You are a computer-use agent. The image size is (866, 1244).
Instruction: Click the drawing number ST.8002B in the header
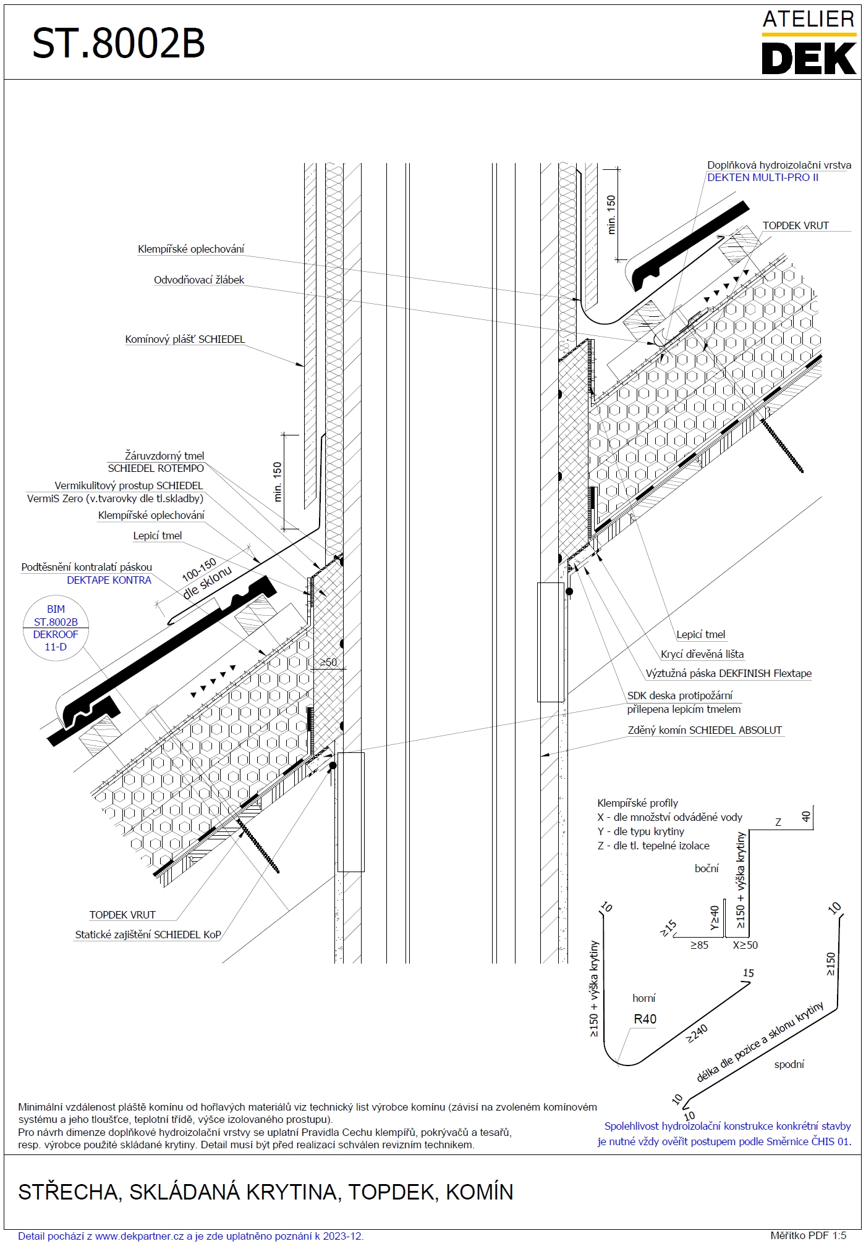[118, 43]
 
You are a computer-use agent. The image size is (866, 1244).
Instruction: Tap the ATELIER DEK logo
[809, 43]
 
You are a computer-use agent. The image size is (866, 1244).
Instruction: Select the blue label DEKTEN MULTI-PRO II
[762, 178]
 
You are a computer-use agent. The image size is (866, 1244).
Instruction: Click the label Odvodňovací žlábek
[198, 280]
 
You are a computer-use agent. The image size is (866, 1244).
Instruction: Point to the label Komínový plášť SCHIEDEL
[185, 340]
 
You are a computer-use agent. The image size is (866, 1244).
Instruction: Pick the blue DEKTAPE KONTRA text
[109, 581]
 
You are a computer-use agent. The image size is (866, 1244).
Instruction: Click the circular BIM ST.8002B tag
[56, 628]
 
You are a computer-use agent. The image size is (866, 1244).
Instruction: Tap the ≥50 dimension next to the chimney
[328, 663]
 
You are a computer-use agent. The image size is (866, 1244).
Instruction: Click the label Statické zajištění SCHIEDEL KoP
[148, 935]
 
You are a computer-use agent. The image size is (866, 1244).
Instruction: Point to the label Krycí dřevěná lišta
[702, 655]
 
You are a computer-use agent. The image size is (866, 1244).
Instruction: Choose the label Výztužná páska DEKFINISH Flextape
[728, 674]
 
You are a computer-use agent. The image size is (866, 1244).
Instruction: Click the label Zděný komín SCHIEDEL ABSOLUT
[705, 731]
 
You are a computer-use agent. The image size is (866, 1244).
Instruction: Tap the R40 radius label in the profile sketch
[645, 1020]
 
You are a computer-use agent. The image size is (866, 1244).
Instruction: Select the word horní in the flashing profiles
[643, 999]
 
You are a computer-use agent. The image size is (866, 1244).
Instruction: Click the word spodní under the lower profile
[789, 1065]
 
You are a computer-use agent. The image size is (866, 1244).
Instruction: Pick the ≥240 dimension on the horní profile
[697, 1033]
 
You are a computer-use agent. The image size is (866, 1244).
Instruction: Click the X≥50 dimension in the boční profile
[745, 946]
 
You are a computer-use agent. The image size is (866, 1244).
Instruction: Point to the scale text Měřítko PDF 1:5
[808, 1236]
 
